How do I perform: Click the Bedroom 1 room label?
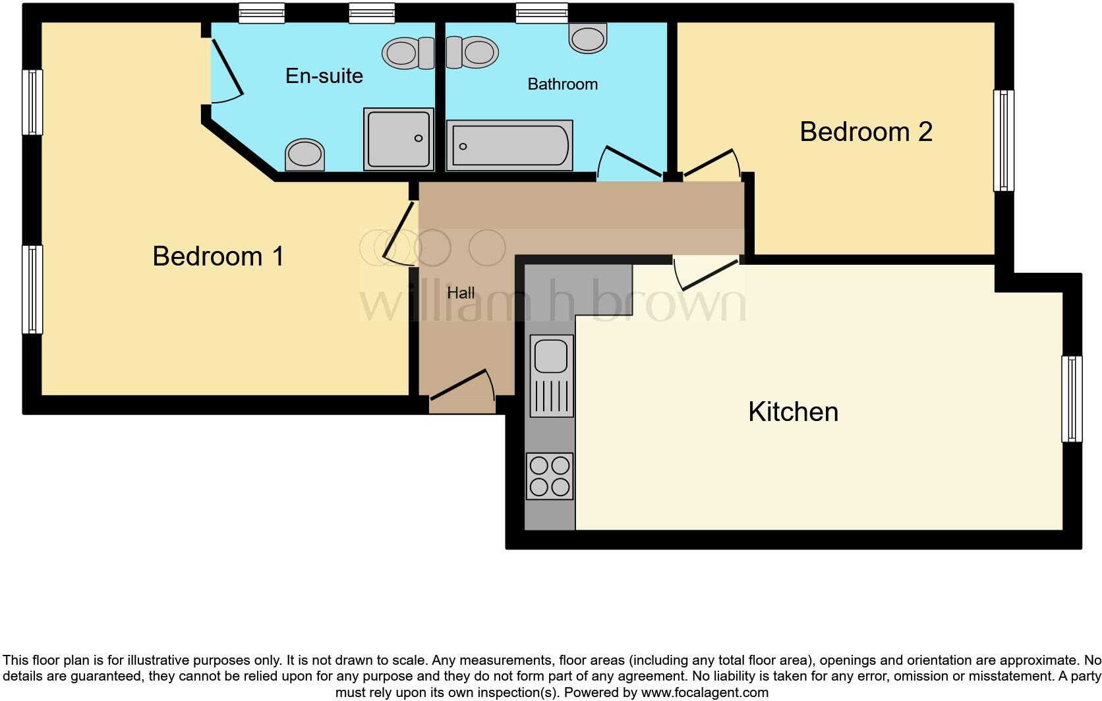[x=218, y=256]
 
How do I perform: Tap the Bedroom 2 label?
[x=865, y=132]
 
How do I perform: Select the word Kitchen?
[x=793, y=412]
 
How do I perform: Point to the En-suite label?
[x=324, y=76]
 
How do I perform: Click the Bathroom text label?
[x=562, y=84]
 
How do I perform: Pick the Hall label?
[x=461, y=293]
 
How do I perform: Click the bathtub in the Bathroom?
[x=509, y=146]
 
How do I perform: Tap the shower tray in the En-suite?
[x=399, y=139]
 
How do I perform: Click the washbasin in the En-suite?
[x=304, y=155]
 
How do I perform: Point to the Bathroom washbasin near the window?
[x=588, y=38]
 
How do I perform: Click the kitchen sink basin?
[x=551, y=356]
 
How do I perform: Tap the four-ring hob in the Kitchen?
[x=550, y=476]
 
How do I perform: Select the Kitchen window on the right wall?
[x=1072, y=399]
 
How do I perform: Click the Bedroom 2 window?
[x=1004, y=140]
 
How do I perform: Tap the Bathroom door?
[x=629, y=161]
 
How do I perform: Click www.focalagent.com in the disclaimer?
[x=705, y=692]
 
